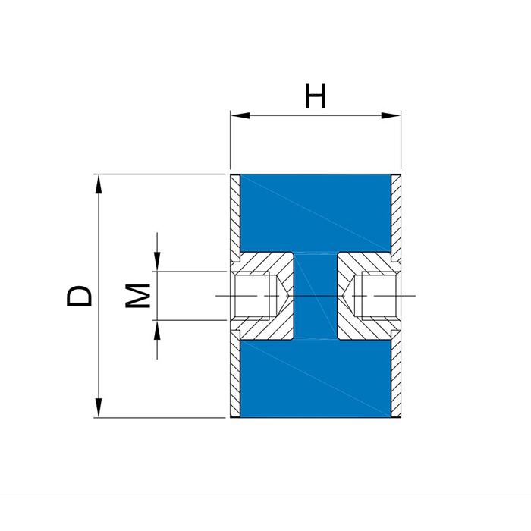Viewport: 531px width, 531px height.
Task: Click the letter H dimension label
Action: [x=316, y=96]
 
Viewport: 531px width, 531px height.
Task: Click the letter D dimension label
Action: [x=79, y=296]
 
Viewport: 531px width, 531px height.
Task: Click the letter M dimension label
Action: [x=138, y=296]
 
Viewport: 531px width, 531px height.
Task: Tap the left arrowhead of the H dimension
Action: [x=240, y=115]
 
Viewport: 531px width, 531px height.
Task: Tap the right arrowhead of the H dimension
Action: [x=391, y=115]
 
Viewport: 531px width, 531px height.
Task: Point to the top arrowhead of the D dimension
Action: [x=98, y=184]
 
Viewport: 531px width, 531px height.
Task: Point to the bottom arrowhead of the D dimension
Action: [x=98, y=408]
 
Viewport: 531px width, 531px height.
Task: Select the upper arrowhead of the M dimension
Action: [x=157, y=262]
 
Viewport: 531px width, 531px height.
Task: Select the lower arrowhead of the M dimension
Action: [x=157, y=330]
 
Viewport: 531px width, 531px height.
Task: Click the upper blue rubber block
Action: [x=316, y=213]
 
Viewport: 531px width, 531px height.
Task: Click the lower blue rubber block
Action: [x=316, y=379]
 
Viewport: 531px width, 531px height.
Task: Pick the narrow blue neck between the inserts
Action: [x=316, y=296]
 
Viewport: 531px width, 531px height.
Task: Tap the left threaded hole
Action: [x=253, y=296]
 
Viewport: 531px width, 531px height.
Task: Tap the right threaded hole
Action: [x=379, y=296]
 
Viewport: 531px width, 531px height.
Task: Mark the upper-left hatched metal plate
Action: [x=235, y=218]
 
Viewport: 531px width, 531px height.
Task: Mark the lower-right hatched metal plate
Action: [x=396, y=373]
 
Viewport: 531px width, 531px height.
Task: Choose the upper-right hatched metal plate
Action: [x=396, y=218]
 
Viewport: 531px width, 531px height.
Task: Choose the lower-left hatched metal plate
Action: [x=235, y=373]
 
